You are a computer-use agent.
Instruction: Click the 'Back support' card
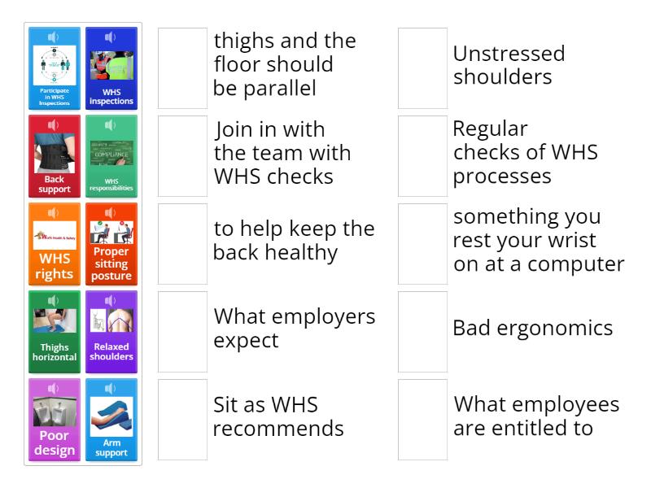click(x=55, y=156)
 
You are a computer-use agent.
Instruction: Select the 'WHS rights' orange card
click(x=55, y=244)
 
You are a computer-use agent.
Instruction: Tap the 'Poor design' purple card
click(x=55, y=420)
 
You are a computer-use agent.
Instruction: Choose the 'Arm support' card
click(x=111, y=420)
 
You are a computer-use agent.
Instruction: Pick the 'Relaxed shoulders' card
click(x=111, y=332)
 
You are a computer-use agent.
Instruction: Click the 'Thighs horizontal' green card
click(x=55, y=332)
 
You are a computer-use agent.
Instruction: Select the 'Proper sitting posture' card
click(x=111, y=244)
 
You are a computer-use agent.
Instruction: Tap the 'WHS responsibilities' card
click(x=111, y=156)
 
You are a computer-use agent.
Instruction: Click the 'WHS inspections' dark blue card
click(x=111, y=68)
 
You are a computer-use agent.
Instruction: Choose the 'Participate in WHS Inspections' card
click(x=55, y=68)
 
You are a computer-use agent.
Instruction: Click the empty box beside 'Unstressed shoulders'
click(x=422, y=68)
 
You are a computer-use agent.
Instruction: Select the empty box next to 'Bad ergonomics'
click(x=422, y=332)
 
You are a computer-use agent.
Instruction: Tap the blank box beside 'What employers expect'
click(x=182, y=332)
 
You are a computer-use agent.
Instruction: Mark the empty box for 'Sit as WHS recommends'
click(x=182, y=420)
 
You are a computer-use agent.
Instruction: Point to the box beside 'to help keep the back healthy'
click(x=182, y=244)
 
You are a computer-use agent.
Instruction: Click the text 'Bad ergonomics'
click(x=532, y=329)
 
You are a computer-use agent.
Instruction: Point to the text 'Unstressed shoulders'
click(x=509, y=66)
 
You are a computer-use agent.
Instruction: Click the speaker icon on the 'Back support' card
click(x=55, y=125)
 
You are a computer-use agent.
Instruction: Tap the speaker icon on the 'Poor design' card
click(x=55, y=389)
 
